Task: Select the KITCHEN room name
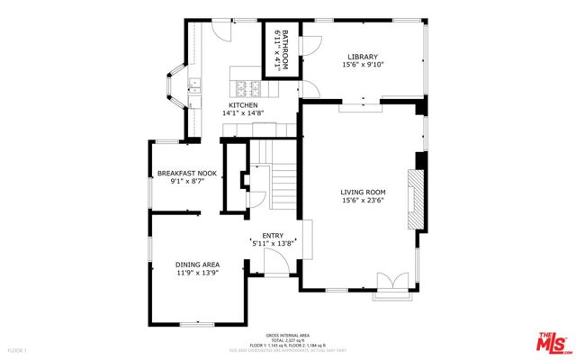coord(242,105)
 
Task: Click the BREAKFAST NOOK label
coord(187,173)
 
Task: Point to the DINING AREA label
coord(197,264)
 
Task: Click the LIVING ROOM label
coord(363,192)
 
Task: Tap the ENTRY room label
coord(273,236)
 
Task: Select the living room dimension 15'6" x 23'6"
coord(363,201)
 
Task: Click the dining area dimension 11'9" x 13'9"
coord(197,273)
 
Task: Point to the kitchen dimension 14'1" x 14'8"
coord(242,114)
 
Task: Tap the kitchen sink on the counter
coord(194,87)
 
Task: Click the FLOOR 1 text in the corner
coord(18,348)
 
